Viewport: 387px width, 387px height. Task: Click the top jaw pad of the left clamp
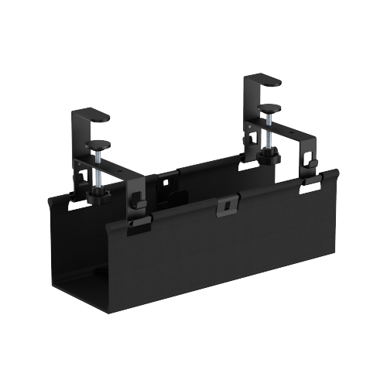95,116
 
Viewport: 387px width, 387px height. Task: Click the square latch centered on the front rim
224,205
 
